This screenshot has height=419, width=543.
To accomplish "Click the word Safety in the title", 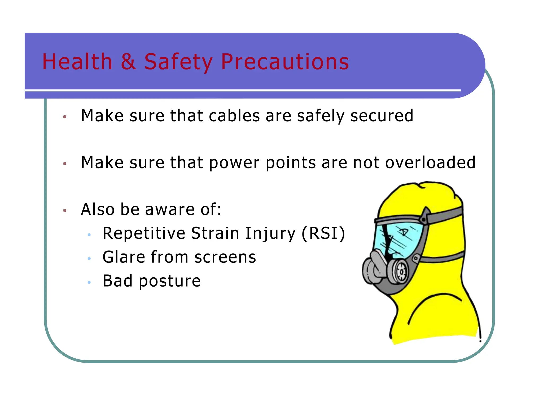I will [178, 62].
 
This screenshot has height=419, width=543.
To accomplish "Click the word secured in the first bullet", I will [382, 116].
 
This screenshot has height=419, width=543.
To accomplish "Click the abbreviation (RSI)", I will [323, 234].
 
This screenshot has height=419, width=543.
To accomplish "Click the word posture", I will [170, 281].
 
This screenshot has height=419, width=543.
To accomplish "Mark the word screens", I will [225, 257].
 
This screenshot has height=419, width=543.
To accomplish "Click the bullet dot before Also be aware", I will [65, 211].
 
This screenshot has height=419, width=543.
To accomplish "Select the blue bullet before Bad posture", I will [89, 282].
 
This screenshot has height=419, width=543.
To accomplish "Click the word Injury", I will [270, 234].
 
